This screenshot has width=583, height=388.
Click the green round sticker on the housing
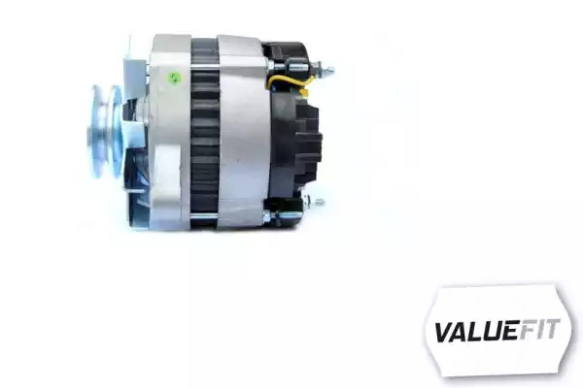(174, 79)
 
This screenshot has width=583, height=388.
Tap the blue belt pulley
(106, 132)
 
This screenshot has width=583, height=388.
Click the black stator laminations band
(204, 132)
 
